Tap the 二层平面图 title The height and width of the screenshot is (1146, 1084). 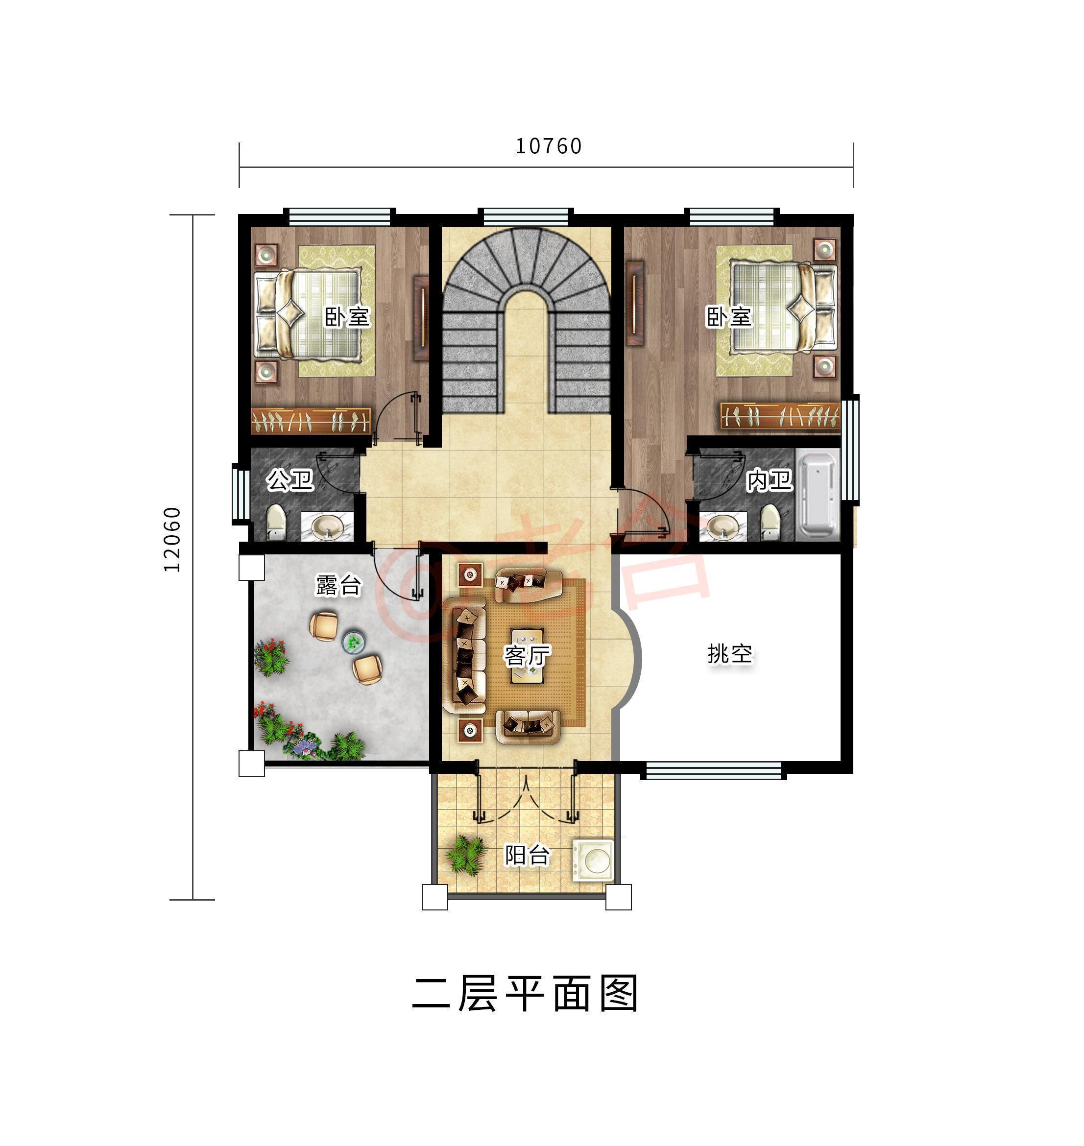coord(525,994)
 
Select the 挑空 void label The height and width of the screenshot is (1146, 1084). coord(730,653)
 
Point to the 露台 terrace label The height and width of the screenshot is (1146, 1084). coord(338,585)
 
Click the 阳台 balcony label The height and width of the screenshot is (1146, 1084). coord(527,855)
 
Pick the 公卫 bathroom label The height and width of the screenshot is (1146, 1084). coord(290,480)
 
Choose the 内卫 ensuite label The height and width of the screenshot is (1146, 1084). coord(769,480)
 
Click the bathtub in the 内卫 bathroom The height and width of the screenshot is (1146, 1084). coord(817,496)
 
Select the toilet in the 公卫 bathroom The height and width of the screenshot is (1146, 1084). coord(276,522)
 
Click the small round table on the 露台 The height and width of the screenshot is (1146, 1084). coord(353,641)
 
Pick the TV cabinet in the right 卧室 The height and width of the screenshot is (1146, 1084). coord(635,303)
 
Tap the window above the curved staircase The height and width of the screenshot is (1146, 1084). coord(525,216)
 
